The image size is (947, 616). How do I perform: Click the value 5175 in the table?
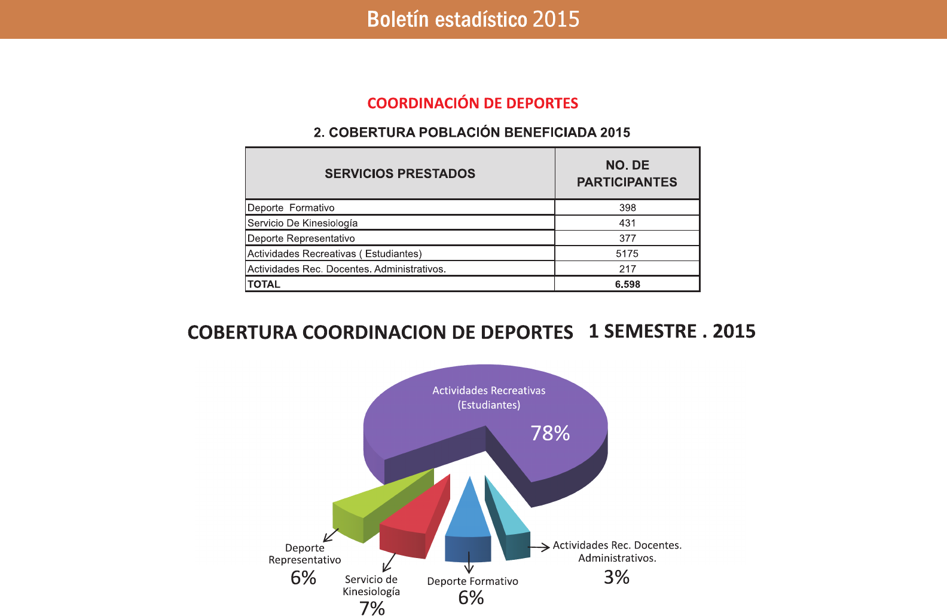627,253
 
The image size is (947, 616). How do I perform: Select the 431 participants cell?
627,223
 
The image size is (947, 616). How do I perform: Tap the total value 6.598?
627,284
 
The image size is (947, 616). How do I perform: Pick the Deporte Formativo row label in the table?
291,208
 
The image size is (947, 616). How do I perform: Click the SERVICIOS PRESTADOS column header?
400,173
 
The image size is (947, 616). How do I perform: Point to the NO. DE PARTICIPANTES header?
627,173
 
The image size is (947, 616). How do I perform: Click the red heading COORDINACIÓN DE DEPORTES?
472,103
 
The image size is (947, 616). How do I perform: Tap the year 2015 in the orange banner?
556,19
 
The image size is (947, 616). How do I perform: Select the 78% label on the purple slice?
550,433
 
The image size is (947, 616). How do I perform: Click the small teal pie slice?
508,526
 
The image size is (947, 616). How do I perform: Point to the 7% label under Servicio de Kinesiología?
372,608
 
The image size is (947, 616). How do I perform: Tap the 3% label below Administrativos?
616,577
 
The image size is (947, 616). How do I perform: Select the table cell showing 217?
627,269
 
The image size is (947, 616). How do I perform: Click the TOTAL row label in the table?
264,284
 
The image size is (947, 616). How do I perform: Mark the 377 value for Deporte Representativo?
627,238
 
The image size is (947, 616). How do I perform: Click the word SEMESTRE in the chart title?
650,332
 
